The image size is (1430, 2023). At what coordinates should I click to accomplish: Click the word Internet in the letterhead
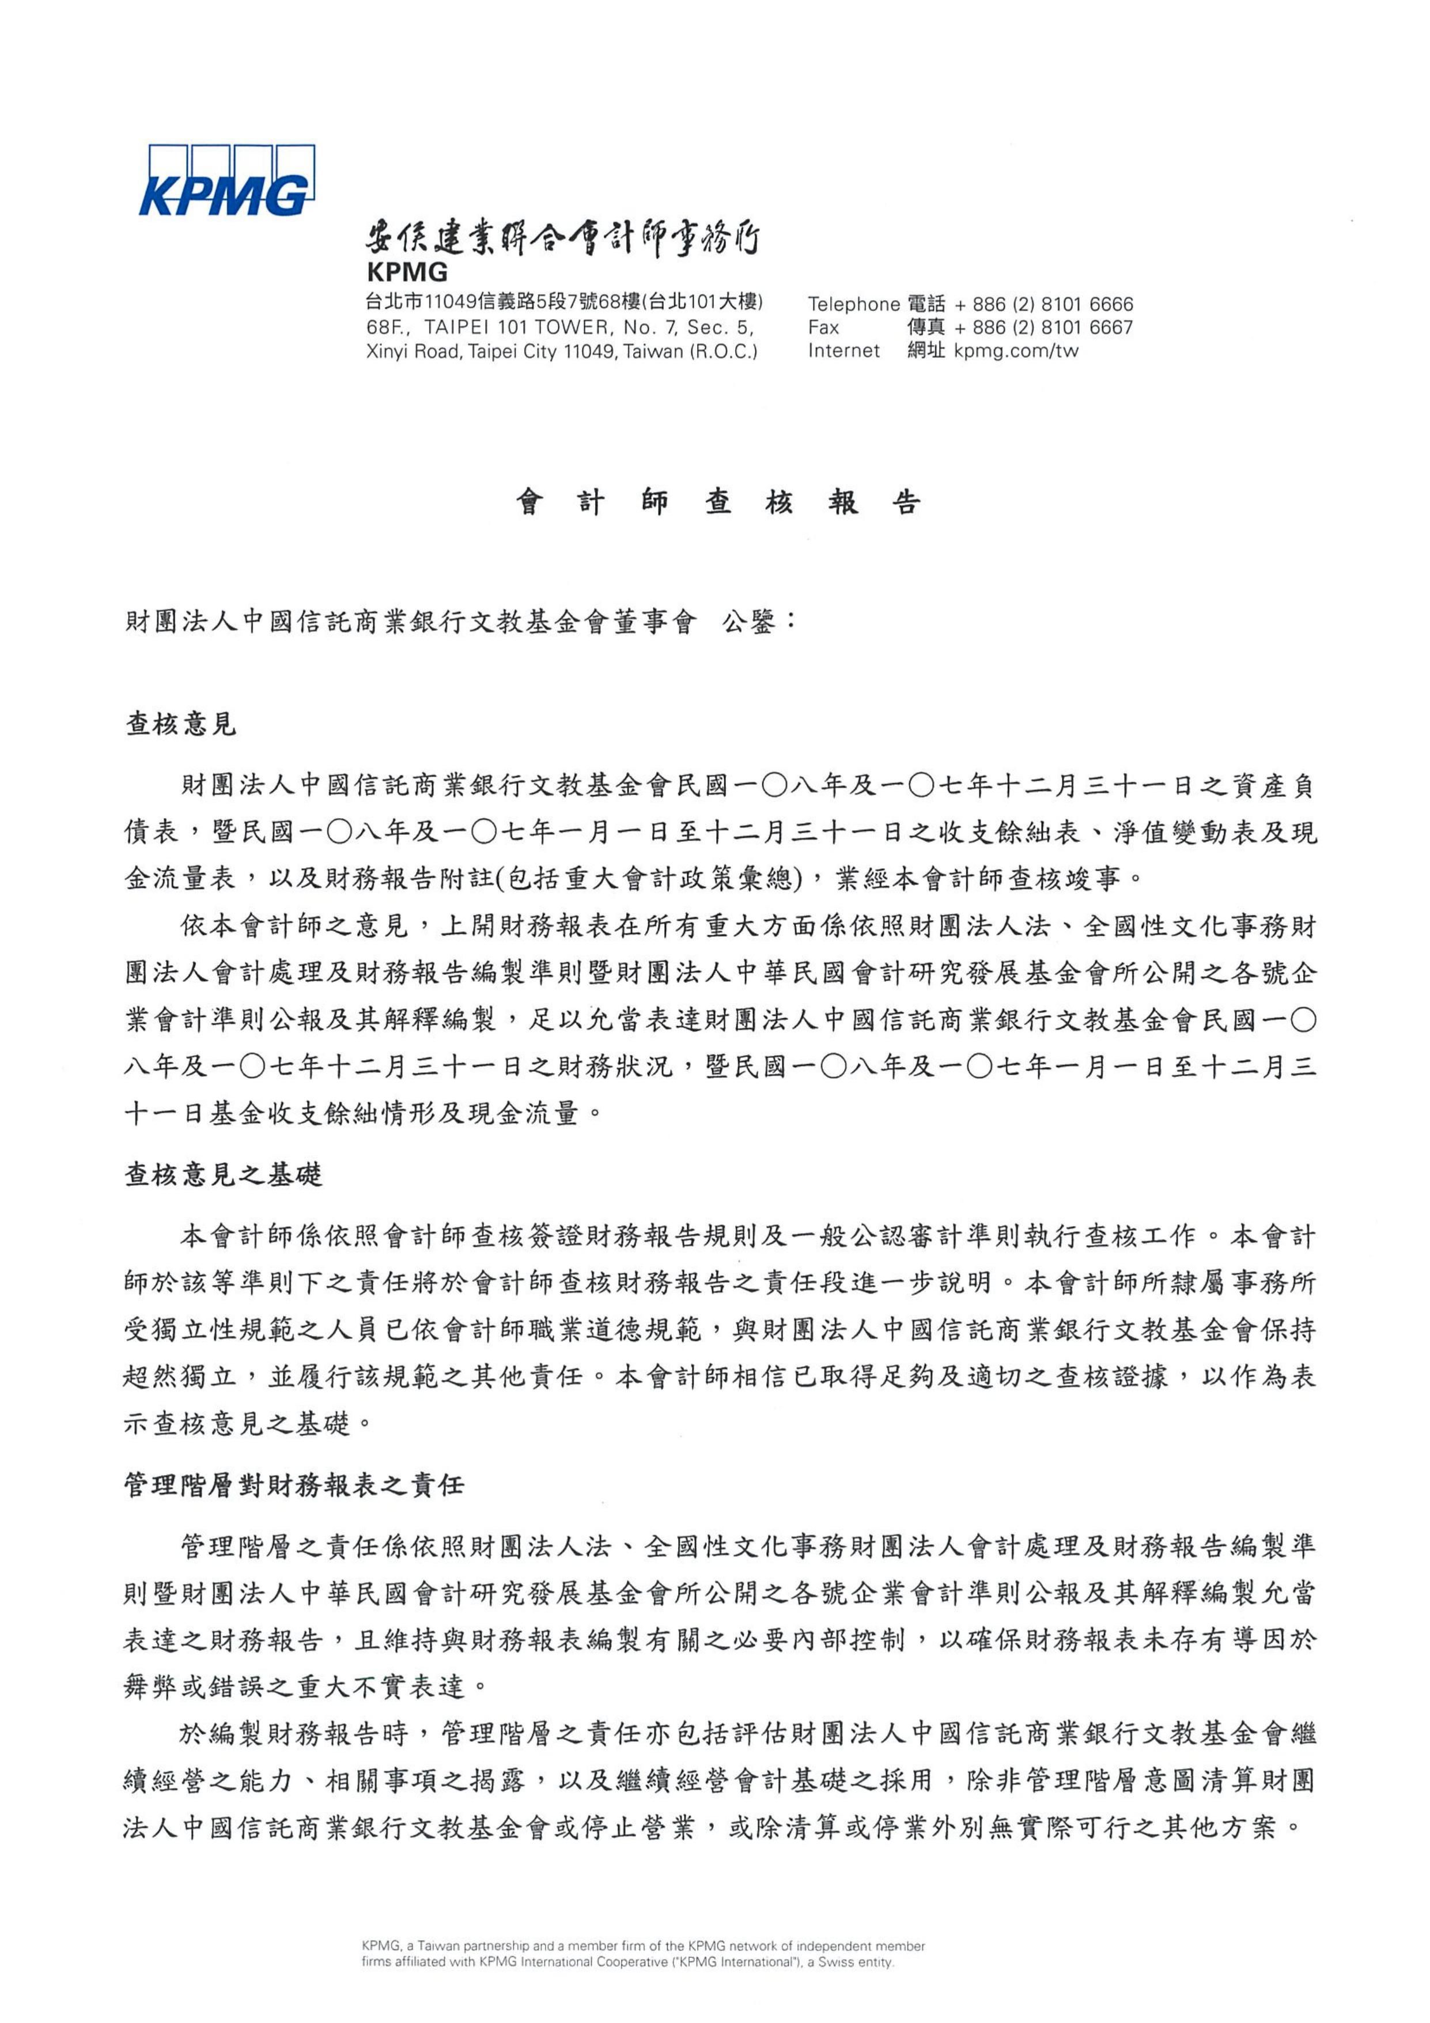pos(843,351)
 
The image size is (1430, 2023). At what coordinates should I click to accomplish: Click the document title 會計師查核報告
pos(718,502)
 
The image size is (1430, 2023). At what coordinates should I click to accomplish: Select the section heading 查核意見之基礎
pos(224,1174)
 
